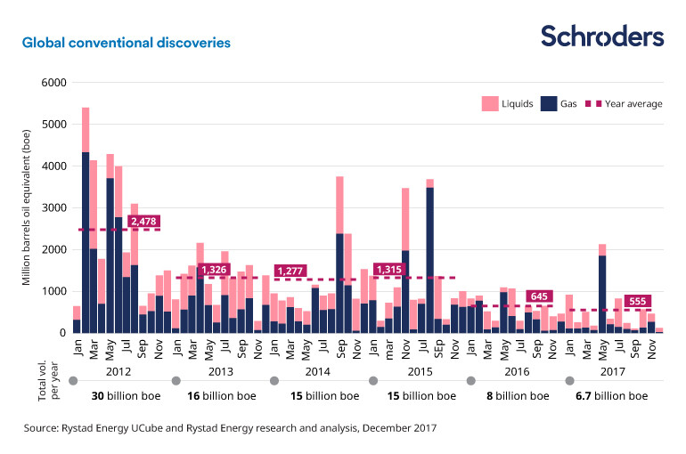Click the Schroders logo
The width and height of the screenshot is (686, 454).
pyautogui.click(x=602, y=36)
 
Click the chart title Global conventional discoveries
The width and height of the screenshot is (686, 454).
pyautogui.click(x=127, y=42)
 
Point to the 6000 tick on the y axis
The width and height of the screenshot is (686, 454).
pyautogui.click(x=54, y=83)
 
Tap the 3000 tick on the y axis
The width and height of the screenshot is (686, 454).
pyautogui.click(x=54, y=208)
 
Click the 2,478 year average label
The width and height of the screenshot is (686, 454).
pyautogui.click(x=143, y=221)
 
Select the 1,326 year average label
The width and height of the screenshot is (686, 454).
pyautogui.click(x=214, y=269)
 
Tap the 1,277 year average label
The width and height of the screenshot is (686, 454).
pyautogui.click(x=291, y=271)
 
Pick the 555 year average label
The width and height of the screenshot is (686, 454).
pyautogui.click(x=638, y=302)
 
